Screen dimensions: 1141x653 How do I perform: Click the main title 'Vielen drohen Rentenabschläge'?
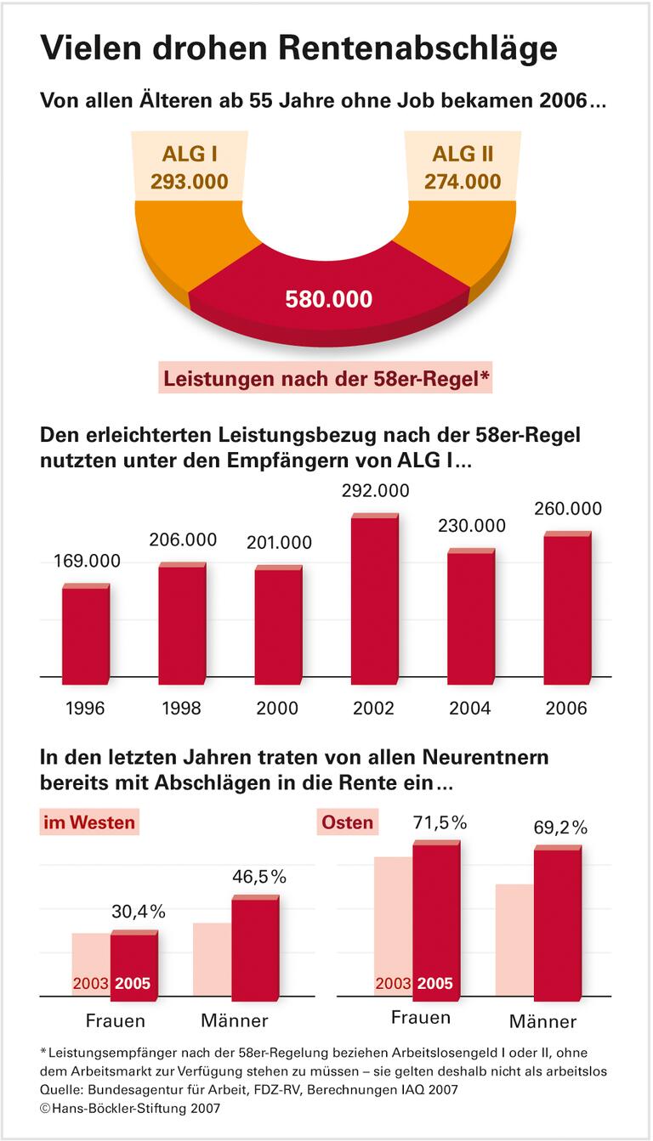point(299,48)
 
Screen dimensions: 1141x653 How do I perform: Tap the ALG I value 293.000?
point(189,181)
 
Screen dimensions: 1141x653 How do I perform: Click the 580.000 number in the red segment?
point(328,299)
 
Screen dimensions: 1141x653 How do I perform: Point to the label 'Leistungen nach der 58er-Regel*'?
point(326,378)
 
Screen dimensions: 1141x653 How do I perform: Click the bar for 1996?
point(86,632)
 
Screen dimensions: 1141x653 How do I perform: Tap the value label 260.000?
point(567,509)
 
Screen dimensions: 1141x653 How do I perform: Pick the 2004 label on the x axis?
point(469,708)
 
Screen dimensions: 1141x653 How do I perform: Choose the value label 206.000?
point(182,539)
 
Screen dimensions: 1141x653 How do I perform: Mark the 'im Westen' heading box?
point(89,822)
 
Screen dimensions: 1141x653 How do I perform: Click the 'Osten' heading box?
point(347,822)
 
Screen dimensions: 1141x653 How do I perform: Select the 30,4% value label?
point(139,912)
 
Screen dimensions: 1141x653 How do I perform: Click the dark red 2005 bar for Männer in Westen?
point(255,946)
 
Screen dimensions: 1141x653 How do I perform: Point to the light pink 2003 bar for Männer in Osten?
point(514,940)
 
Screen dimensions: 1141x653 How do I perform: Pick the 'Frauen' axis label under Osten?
point(421,1018)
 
